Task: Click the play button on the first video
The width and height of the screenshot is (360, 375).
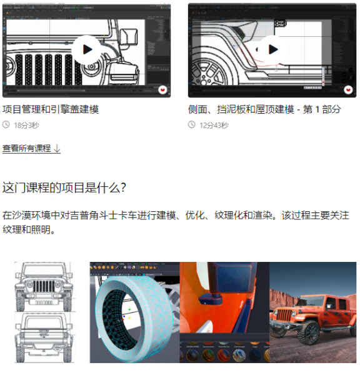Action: (86, 49)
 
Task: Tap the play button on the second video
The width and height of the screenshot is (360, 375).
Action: (272, 49)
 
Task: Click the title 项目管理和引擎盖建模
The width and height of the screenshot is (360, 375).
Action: (51, 109)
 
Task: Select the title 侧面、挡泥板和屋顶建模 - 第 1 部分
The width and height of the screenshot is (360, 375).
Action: (264, 109)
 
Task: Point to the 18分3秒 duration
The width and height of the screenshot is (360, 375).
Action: (26, 125)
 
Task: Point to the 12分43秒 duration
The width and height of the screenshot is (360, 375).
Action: (214, 125)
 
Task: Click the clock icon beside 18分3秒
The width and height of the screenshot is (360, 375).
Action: (6, 125)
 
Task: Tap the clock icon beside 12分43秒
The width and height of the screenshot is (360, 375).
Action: (192, 125)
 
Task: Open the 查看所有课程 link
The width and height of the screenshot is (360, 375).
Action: (27, 149)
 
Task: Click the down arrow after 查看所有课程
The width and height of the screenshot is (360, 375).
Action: (57, 149)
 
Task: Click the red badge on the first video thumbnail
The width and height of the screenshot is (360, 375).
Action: (163, 90)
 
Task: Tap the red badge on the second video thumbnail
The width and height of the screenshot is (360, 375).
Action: (349, 90)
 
